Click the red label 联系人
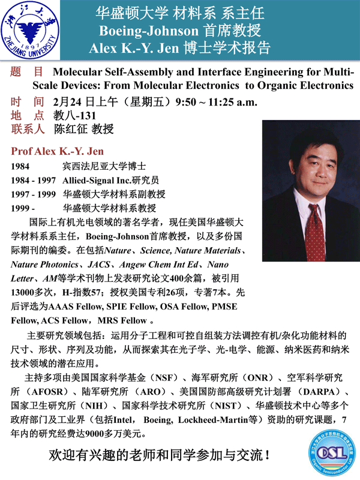coord(28,128)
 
